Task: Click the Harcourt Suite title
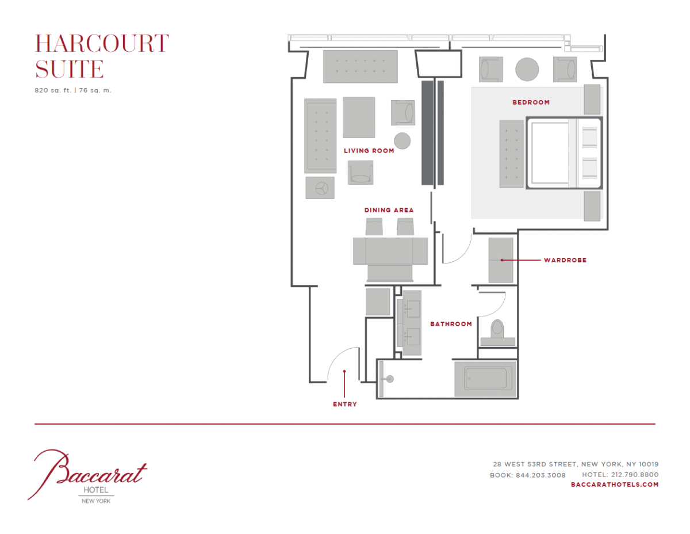pyautogui.click(x=102, y=56)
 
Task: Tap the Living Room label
pyautogui.click(x=369, y=151)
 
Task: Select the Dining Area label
pyautogui.click(x=389, y=210)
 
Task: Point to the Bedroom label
pyautogui.click(x=531, y=102)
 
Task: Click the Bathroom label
pyautogui.click(x=451, y=324)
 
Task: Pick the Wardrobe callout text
pyautogui.click(x=565, y=260)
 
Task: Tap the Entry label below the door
pyautogui.click(x=345, y=405)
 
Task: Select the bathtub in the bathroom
pyautogui.click(x=485, y=379)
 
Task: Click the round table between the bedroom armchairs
pyautogui.click(x=527, y=69)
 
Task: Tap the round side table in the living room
pyautogui.click(x=402, y=141)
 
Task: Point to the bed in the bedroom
pyautogui.click(x=564, y=153)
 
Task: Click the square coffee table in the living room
pyautogui.click(x=359, y=117)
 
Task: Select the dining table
pyautogui.click(x=390, y=251)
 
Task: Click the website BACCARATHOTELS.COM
pyautogui.click(x=615, y=485)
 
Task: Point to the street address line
pyautogui.click(x=576, y=464)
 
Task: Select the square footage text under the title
pyautogui.click(x=73, y=90)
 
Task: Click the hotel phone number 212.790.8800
pyautogui.click(x=635, y=475)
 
